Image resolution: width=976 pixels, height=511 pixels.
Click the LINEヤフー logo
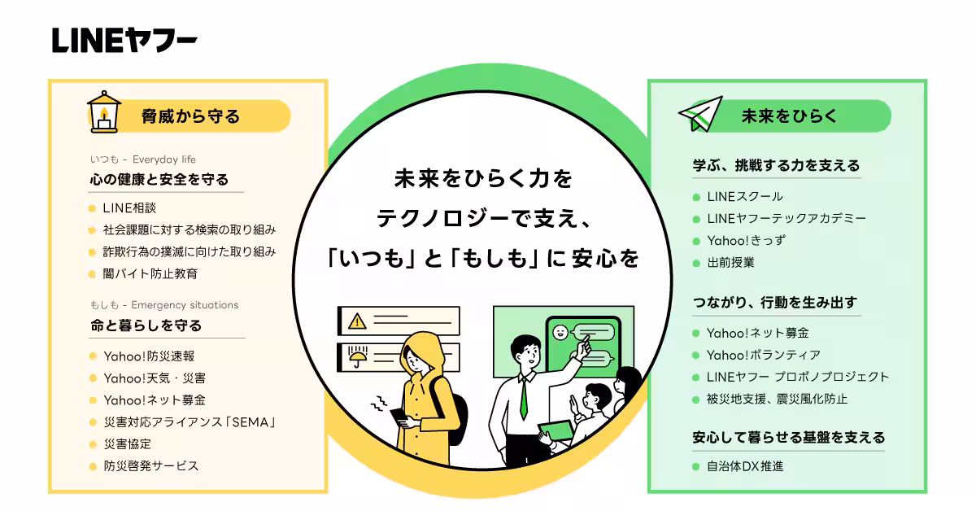124,40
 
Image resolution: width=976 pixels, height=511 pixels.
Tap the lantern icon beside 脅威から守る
104,112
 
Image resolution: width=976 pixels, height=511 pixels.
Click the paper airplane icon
699,115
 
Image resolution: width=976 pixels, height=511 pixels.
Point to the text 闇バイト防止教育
150,273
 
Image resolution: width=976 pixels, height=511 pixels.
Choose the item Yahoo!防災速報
149,356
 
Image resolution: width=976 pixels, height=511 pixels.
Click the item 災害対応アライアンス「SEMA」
190,421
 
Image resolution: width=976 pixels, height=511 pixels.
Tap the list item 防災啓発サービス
150,465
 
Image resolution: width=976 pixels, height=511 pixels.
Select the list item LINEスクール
744,196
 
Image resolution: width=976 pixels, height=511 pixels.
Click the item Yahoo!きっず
746,240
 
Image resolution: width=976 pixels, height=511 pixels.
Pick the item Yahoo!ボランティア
763,355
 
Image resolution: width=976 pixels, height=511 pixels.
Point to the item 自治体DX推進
745,466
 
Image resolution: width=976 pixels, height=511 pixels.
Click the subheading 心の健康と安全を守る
159,179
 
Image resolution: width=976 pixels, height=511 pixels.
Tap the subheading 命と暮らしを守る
146,325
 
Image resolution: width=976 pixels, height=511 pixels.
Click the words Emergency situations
185,305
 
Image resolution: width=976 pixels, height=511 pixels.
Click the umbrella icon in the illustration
356,356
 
